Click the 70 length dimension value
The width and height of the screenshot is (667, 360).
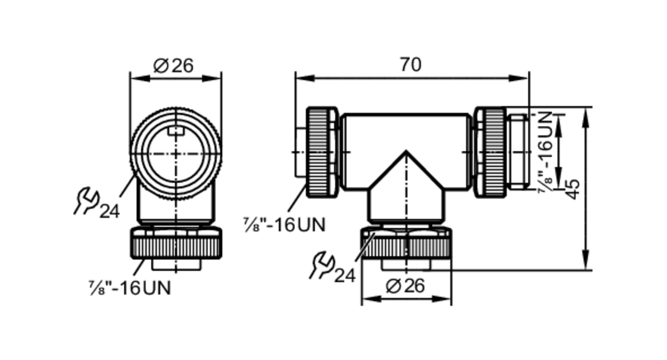pos(411,65)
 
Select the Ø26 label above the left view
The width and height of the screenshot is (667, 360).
pos(173,66)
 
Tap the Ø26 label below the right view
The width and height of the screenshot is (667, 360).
pos(405,286)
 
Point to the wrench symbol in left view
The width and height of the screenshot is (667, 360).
pos(86,200)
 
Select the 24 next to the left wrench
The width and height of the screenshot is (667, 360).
pos(109,211)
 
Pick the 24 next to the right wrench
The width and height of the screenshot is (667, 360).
pos(345,276)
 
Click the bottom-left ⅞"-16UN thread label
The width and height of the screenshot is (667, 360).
pos(130,288)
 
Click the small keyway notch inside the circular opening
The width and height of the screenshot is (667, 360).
pos(176,131)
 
